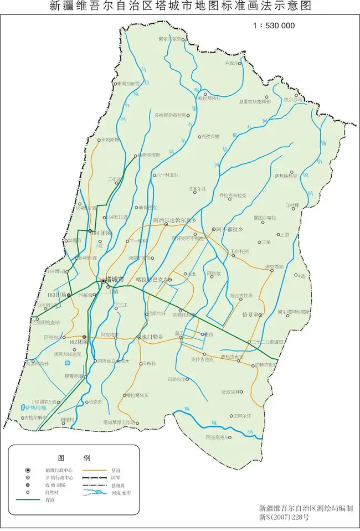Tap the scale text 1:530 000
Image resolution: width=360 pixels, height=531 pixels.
tap(274, 25)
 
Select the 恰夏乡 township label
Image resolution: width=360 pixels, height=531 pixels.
tap(251, 315)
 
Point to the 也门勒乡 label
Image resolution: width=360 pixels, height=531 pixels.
tap(152, 337)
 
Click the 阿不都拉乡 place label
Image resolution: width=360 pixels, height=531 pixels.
tap(228, 229)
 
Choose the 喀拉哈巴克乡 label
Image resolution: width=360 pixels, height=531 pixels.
tap(151, 280)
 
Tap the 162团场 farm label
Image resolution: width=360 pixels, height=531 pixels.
tap(72, 342)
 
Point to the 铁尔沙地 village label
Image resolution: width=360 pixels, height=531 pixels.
tap(294, 100)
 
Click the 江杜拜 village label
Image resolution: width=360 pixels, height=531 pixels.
tap(292, 205)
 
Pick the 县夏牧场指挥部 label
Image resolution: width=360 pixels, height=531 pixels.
tap(255, 102)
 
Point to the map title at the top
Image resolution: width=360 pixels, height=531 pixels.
tap(180, 7)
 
